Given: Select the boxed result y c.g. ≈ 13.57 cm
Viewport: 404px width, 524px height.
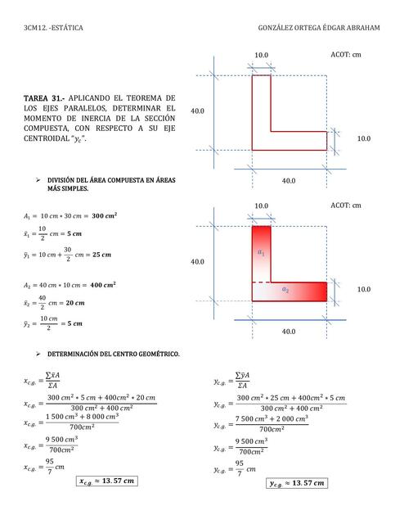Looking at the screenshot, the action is coord(296,483).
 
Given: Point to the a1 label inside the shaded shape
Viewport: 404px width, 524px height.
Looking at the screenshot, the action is coord(261,254).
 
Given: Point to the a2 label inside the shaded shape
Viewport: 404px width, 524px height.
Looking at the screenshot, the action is coord(285,290).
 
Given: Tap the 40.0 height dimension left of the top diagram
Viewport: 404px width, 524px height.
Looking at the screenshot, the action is coord(197,111).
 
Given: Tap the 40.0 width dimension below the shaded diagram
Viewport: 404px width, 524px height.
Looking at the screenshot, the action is coord(289,332).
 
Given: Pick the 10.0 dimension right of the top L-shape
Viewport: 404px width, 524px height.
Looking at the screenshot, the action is coord(364,139).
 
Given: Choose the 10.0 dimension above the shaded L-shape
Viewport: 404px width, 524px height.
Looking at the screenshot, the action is coord(261,206).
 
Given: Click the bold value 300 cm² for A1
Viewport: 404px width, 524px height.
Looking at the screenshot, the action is coord(104,215).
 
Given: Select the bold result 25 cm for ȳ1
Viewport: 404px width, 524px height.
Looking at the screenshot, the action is coord(99,255).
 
